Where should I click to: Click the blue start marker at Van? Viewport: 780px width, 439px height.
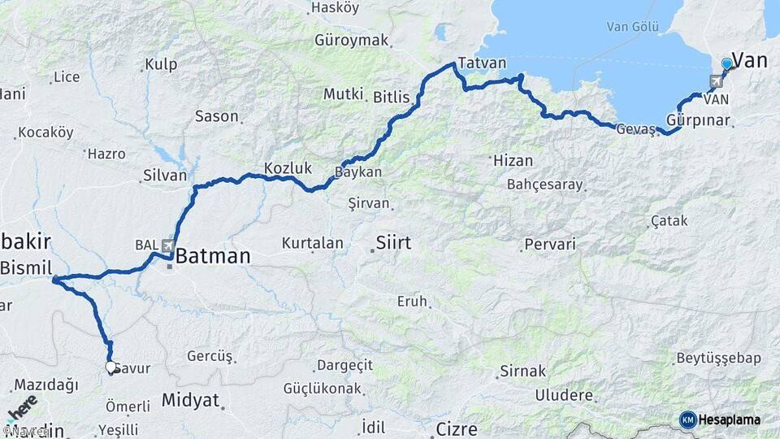pyautogui.click(x=726, y=63)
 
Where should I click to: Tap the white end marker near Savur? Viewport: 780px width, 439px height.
pyautogui.click(x=111, y=367)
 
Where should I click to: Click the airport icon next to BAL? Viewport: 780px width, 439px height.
pyautogui.click(x=168, y=245)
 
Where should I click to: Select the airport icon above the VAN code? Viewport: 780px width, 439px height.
pyautogui.click(x=716, y=81)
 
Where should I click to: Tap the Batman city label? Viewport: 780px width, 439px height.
pyautogui.click(x=213, y=257)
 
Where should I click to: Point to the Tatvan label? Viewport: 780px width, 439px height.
pyautogui.click(x=482, y=63)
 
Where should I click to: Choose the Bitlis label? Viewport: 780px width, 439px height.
pyautogui.click(x=392, y=97)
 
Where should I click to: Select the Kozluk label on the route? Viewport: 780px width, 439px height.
pyautogui.click(x=288, y=168)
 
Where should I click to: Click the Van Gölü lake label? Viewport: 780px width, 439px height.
pyautogui.click(x=632, y=27)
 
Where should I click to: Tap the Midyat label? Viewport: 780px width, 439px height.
pyautogui.click(x=190, y=400)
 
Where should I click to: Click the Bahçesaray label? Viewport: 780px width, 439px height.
pyautogui.click(x=545, y=185)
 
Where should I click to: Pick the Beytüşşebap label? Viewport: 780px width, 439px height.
pyautogui.click(x=718, y=359)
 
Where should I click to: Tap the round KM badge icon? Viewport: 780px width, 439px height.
pyautogui.click(x=687, y=419)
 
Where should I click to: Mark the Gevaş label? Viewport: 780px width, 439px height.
pyautogui.click(x=635, y=129)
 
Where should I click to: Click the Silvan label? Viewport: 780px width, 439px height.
pyautogui.click(x=165, y=175)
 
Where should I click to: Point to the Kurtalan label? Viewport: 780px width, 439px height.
pyautogui.click(x=312, y=243)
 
